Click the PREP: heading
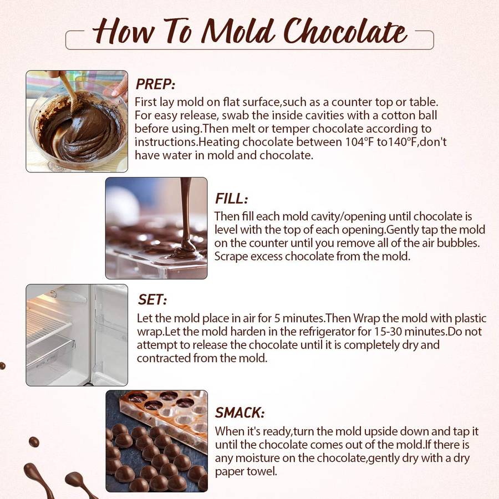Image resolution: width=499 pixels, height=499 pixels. click(x=155, y=84)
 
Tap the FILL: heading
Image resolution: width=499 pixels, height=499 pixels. click(x=231, y=198)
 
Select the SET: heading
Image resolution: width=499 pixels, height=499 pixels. click(x=152, y=300)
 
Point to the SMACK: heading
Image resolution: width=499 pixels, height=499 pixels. click(x=240, y=413)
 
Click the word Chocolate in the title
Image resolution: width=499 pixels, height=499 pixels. click(x=345, y=31)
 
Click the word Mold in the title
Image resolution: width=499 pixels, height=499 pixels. click(x=238, y=31)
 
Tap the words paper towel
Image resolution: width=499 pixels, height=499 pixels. click(x=246, y=471)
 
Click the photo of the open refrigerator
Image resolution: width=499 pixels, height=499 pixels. click(x=77, y=335)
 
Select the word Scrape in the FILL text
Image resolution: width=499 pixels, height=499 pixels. click(x=231, y=256)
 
